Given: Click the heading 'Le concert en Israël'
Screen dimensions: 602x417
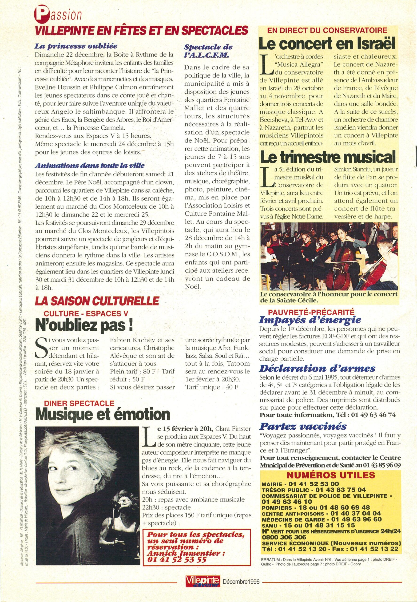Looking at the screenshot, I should click(326, 44).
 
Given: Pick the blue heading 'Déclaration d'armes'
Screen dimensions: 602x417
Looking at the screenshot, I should click(317, 368).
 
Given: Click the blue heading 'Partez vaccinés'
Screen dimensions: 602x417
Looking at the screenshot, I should click(303, 426).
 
